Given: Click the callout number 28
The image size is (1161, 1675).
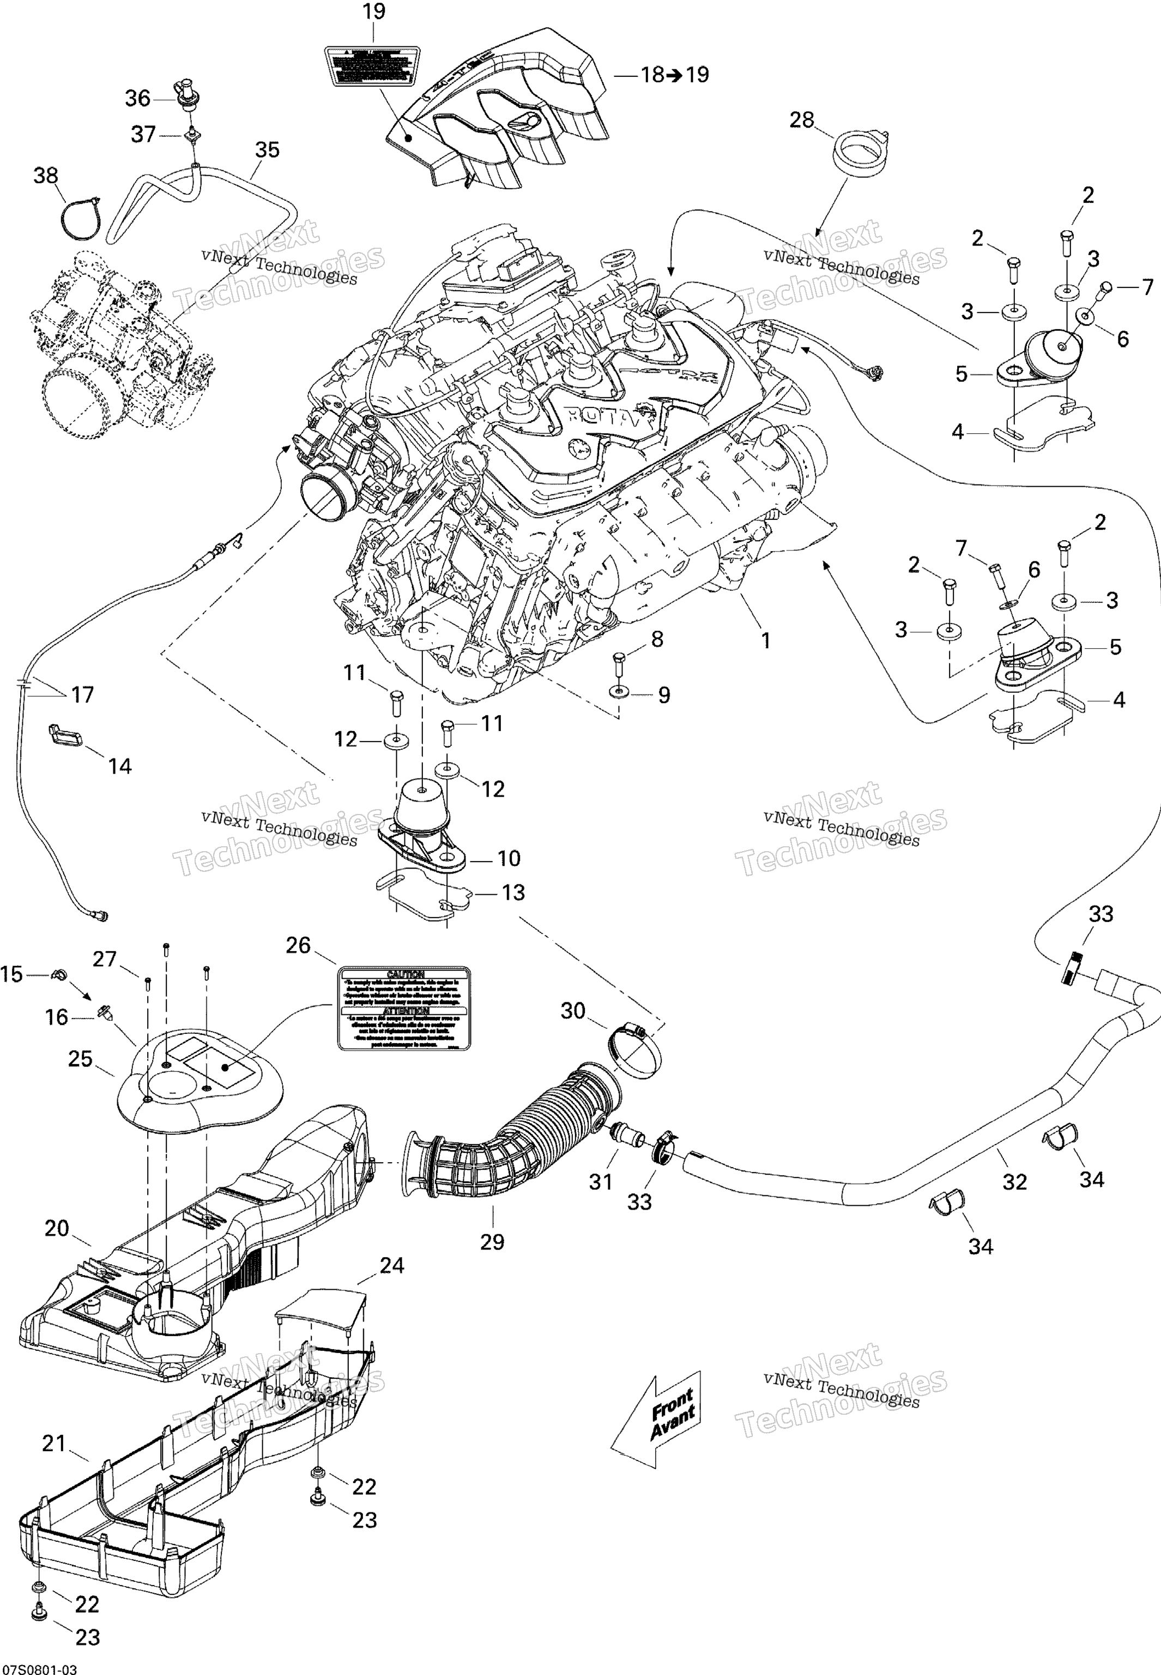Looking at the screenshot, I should pos(802,120).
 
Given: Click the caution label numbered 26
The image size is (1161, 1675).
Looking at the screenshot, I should pos(404,1008).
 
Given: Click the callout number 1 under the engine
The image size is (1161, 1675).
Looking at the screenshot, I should pos(765,641).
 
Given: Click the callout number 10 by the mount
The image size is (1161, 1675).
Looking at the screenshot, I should pos(509,858).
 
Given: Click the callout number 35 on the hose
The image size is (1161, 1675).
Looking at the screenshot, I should pos(267,150).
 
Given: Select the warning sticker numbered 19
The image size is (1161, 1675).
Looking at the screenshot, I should pos(372,66).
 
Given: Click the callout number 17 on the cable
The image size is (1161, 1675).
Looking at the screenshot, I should pos(82,695).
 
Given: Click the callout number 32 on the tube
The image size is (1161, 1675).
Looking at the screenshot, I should pos(1014,1181).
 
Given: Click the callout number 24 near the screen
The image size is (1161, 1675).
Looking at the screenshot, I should pos(391,1265).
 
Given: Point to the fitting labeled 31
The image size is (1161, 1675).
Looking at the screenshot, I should pos(624,1133).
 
